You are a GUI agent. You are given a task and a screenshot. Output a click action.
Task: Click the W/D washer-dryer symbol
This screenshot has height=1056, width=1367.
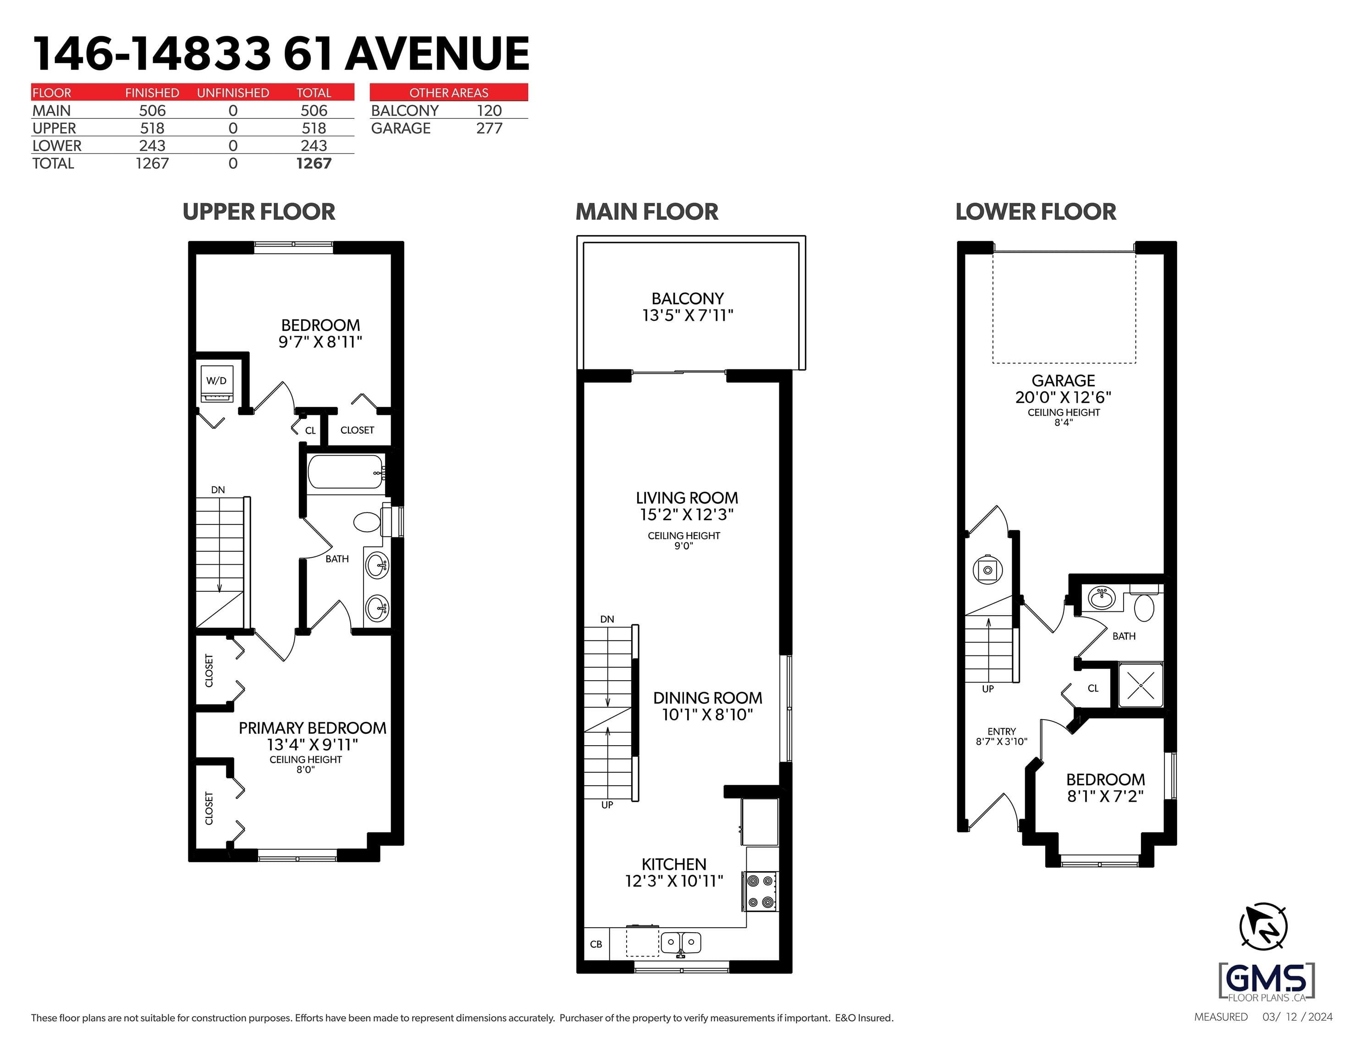coord(216,384)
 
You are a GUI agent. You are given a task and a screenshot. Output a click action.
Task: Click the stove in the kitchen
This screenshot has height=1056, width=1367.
coord(761,891)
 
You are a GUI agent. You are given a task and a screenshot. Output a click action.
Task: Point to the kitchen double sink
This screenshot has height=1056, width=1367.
coord(681,942)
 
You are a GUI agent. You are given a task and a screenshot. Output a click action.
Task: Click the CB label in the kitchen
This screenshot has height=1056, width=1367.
coord(596,944)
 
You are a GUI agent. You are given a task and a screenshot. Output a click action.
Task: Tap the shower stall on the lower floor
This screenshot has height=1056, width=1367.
coord(1141,685)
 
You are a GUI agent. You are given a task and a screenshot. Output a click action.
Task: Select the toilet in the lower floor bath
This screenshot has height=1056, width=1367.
coord(1144,604)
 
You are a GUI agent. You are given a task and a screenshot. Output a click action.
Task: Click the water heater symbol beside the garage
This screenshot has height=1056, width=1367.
coord(988,570)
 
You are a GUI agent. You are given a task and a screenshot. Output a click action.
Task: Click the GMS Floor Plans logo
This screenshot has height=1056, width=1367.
coord(1267,981)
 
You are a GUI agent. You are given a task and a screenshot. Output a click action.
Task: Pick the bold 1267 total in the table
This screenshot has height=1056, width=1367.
coord(314,163)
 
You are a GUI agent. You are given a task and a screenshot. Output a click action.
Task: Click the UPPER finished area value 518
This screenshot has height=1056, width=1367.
coord(152,128)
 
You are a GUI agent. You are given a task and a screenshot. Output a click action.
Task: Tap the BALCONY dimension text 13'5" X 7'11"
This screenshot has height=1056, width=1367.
coord(687,315)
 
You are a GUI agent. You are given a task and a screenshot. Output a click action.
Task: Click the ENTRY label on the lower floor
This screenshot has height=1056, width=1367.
coord(1002,731)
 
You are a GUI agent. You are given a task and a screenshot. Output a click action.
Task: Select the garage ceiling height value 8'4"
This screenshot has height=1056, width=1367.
coord(1064,423)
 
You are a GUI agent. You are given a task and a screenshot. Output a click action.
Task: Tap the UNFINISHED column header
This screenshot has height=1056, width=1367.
coord(233,93)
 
